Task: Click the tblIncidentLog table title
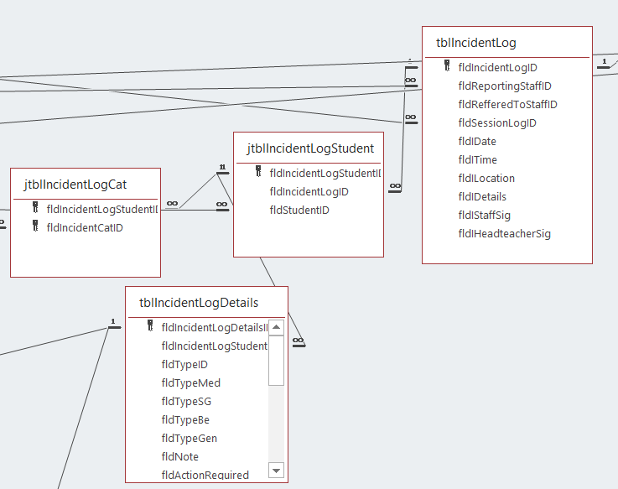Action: (475, 43)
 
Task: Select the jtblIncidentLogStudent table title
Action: (310, 148)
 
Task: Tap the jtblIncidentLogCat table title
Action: (75, 183)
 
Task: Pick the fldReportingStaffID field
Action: (504, 86)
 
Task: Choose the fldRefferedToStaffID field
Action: (507, 104)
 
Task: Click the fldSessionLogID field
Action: (497, 122)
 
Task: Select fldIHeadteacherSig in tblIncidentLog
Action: (504, 233)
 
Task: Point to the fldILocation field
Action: (486, 178)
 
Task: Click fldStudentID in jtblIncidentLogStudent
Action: (299, 210)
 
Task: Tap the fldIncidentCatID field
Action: (85, 226)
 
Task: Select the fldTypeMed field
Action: (190, 382)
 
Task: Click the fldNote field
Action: (179, 456)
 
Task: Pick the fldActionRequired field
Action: (205, 475)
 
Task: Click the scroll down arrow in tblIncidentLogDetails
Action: (277, 470)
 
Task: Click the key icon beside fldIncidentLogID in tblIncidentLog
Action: (447, 66)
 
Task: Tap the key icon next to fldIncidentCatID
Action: (35, 226)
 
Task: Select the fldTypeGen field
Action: (189, 438)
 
